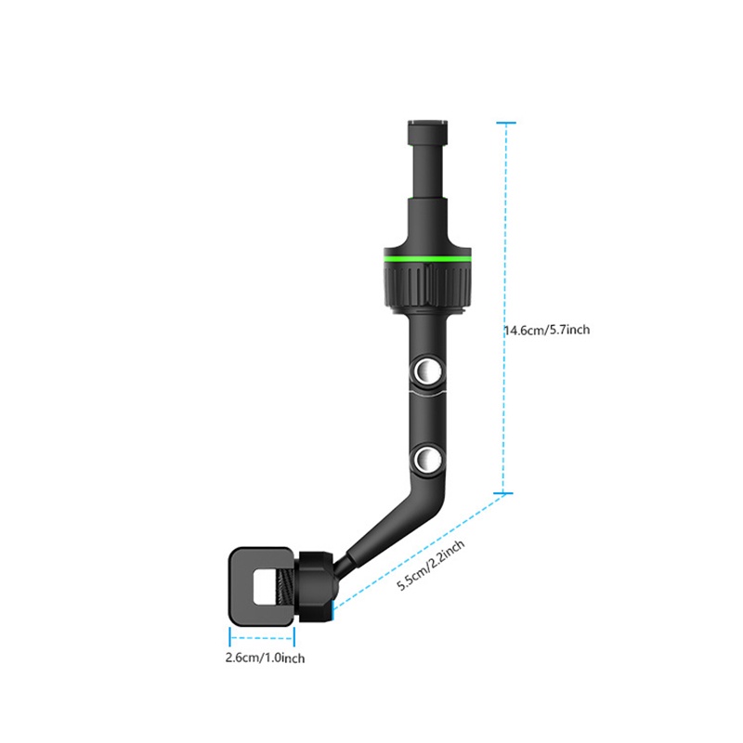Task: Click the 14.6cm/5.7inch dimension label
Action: tap(547, 330)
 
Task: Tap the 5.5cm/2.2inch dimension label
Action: tap(430, 563)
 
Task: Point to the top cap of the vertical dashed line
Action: tap(505, 123)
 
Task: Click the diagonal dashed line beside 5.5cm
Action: tap(418, 551)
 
